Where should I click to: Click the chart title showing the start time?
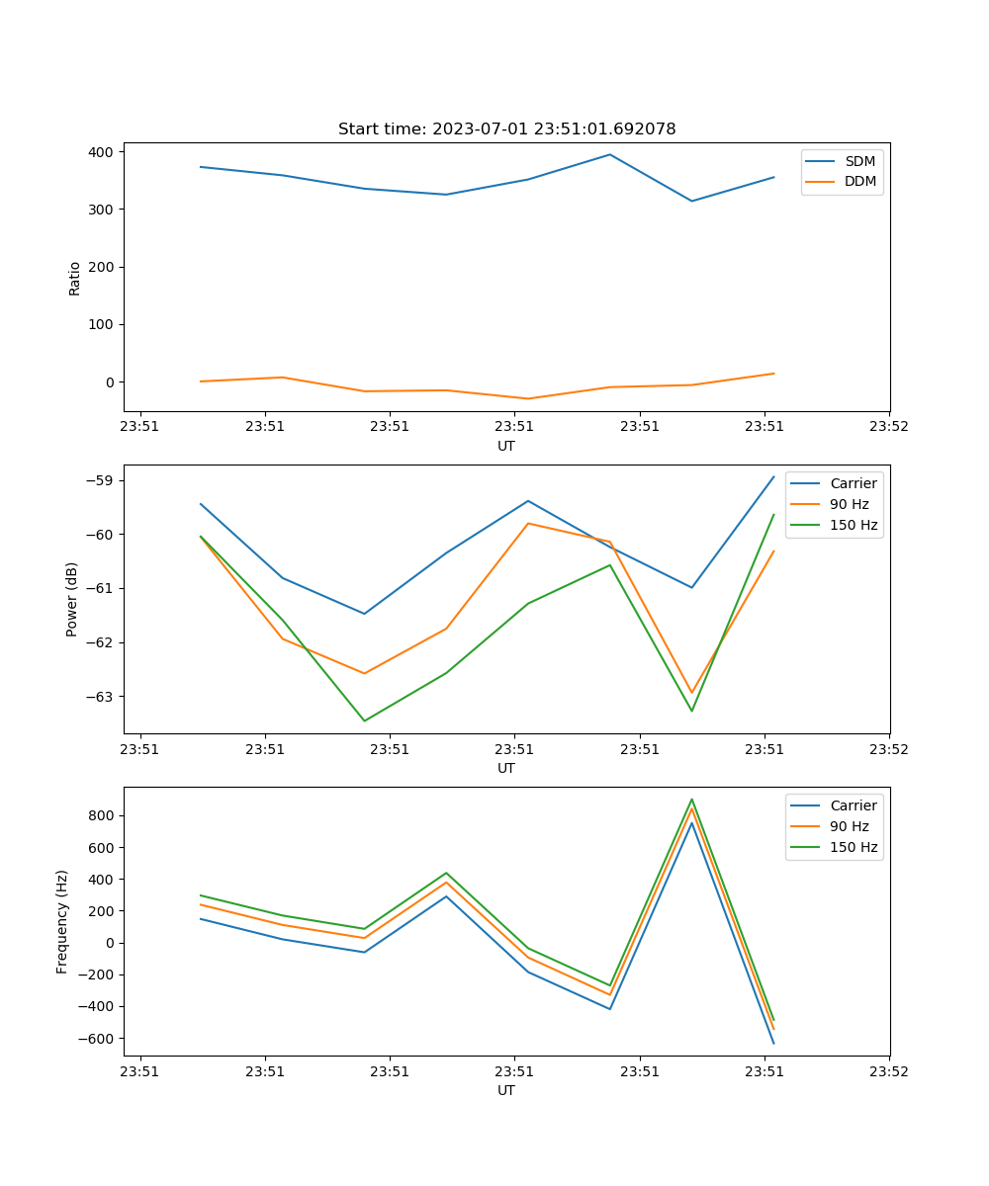[506, 128]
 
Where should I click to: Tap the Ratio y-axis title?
[75, 279]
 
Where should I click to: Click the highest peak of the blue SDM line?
[610, 154]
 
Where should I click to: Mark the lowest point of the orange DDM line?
[528, 398]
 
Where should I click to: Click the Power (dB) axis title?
[72, 599]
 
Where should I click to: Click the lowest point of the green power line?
[364, 720]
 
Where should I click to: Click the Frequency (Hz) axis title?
[62, 921]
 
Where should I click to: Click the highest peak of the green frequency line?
[692, 800]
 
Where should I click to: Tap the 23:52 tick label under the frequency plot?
[889, 1071]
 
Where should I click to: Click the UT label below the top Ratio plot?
[506, 446]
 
